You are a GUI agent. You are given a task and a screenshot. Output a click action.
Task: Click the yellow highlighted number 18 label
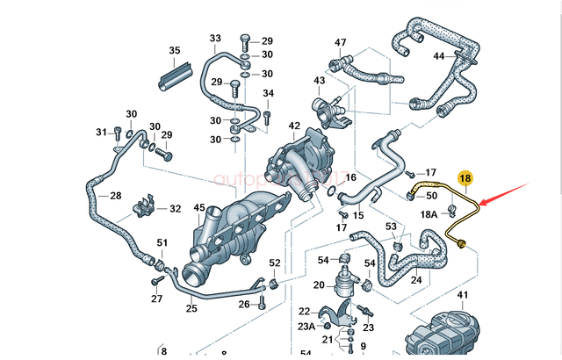click(466, 178)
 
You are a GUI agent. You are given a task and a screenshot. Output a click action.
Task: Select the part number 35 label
click(175, 50)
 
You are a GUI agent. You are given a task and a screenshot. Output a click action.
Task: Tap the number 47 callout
click(340, 42)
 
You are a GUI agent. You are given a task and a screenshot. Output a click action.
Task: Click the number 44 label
click(439, 56)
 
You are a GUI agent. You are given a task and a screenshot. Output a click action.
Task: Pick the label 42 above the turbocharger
click(294, 126)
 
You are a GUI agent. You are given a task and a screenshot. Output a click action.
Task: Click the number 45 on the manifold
click(199, 207)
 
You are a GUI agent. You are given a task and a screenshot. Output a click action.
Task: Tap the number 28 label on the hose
click(115, 195)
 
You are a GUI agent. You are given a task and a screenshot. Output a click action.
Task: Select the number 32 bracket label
click(175, 209)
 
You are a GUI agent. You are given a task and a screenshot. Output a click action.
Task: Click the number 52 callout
click(275, 263)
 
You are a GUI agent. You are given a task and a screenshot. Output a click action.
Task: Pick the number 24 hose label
click(416, 281)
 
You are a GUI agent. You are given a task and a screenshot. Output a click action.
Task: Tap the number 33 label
click(215, 39)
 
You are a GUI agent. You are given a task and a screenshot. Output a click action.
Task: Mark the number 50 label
click(431, 196)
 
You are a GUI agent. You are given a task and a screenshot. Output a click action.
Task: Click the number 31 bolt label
click(100, 133)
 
